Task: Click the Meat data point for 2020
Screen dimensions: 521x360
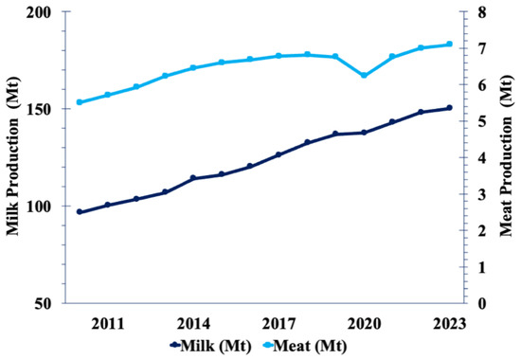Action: [x=364, y=76]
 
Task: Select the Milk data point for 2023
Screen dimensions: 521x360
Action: [x=449, y=108]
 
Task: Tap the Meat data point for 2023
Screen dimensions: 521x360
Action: [x=449, y=44]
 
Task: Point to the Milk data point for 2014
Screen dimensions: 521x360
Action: [x=193, y=178]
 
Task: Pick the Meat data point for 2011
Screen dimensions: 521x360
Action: [x=108, y=95]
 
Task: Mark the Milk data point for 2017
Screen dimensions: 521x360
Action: [x=278, y=154]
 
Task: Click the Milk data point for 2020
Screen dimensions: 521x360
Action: [x=364, y=133]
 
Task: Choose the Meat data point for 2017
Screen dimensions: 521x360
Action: [x=278, y=56]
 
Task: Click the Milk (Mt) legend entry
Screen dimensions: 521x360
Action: [x=210, y=346]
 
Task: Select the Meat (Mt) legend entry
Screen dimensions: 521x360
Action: [x=304, y=346]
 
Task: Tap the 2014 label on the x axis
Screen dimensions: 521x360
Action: [x=193, y=324]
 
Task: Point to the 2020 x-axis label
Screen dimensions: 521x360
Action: [x=364, y=324]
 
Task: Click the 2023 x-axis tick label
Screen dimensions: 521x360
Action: [x=449, y=324]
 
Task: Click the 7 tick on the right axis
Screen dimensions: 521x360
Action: [x=481, y=48]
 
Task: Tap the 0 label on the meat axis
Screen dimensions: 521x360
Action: [x=481, y=303]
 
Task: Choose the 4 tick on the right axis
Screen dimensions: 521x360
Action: [x=481, y=157]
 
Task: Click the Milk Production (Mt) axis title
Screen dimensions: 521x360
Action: [x=13, y=156]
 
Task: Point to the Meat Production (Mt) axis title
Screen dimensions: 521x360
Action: [x=507, y=156]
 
